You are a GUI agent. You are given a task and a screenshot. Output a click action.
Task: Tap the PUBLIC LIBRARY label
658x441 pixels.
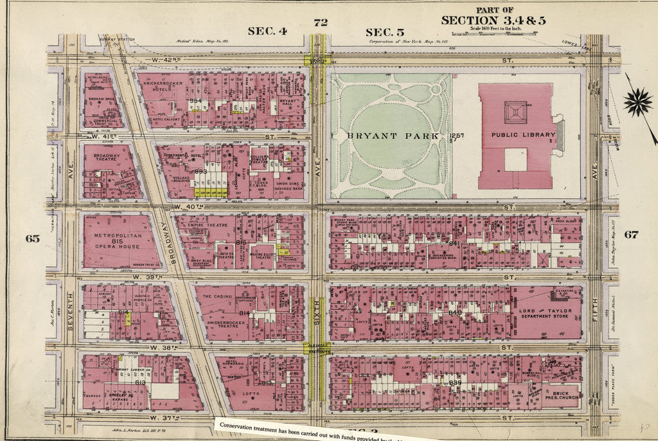click(522, 135)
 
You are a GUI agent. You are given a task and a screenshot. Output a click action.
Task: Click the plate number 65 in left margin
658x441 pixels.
click(32, 239)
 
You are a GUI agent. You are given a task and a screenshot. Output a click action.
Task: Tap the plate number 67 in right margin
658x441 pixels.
click(631, 235)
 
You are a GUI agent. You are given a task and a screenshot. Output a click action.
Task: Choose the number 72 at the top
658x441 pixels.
click(321, 22)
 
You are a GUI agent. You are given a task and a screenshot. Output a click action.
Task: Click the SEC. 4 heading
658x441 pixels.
click(266, 31)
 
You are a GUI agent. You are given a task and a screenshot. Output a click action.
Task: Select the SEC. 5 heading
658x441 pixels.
click(384, 32)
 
